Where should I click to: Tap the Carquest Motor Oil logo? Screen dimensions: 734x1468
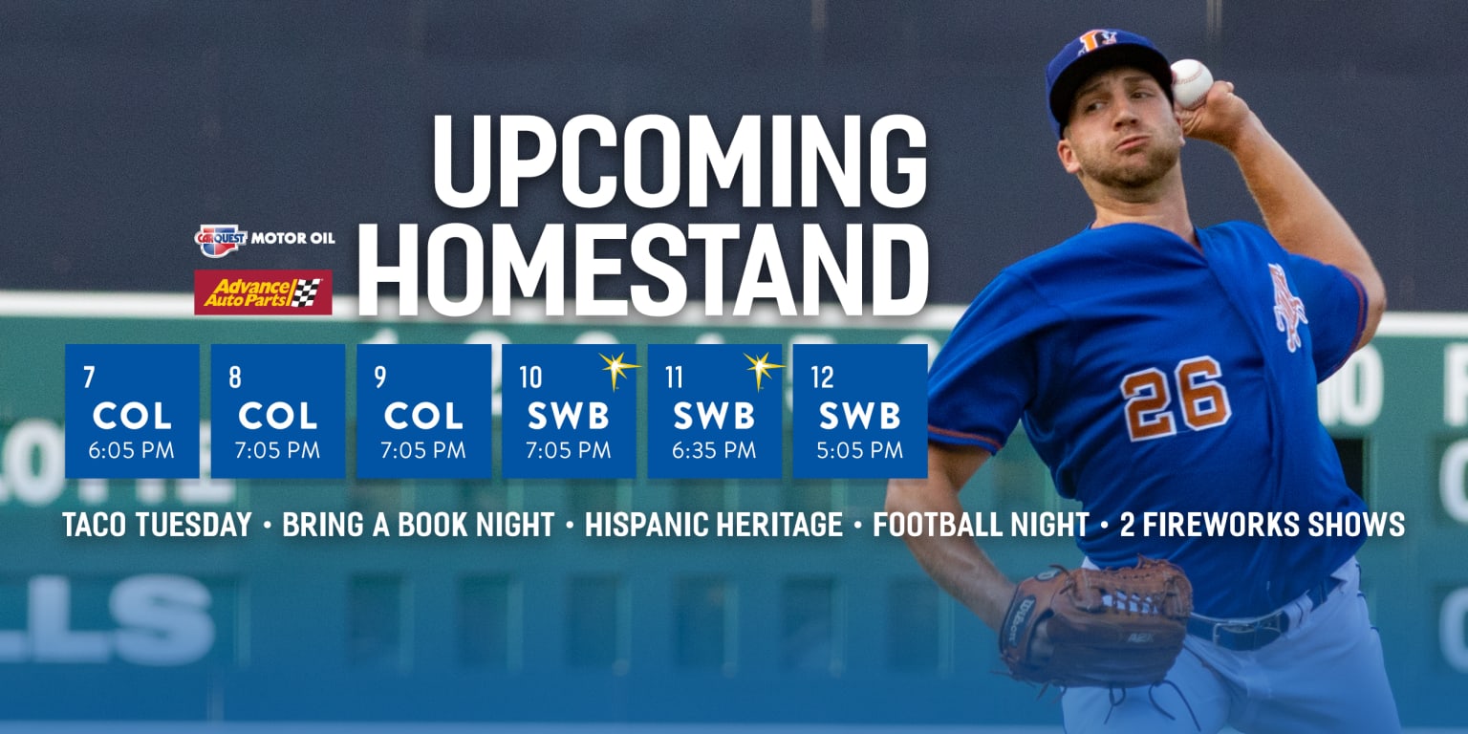265,237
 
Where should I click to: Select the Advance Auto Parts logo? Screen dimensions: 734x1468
263,291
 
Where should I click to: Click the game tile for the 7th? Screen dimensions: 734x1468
132,411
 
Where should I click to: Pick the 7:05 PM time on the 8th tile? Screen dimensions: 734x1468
277,450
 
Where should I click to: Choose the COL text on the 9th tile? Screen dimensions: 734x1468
423,416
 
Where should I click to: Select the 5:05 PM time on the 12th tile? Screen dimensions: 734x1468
860,450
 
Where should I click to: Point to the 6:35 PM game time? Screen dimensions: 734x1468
714,450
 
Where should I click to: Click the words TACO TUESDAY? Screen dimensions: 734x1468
158,525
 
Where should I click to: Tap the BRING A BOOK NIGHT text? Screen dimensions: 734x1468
419,525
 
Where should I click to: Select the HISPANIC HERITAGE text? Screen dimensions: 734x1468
714,525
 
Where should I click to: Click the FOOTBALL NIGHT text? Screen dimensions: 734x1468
981,525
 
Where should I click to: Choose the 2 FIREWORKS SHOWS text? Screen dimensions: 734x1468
1262,525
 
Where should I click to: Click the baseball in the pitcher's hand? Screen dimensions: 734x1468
1191,83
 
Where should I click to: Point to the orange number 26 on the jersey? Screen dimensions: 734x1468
1175,397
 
